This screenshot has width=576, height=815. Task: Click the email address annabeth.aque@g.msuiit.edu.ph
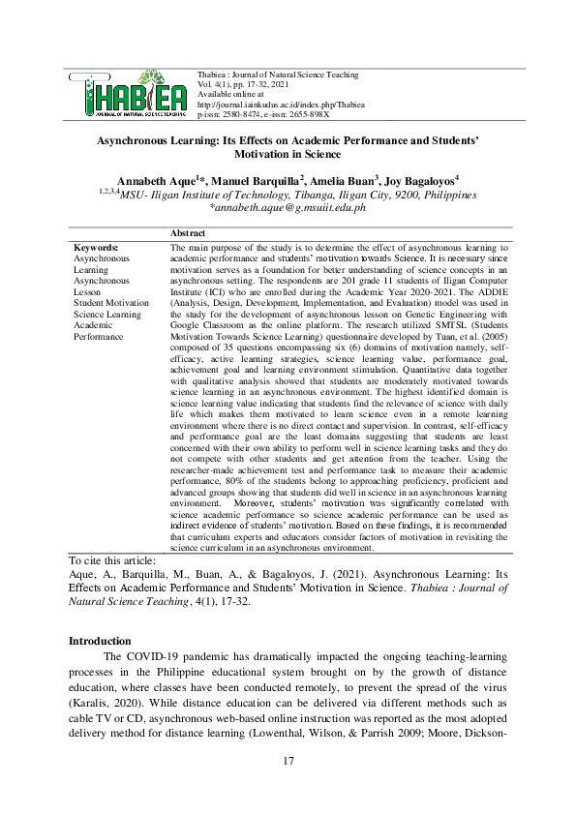click(x=288, y=207)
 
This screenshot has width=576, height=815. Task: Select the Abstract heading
click(x=187, y=234)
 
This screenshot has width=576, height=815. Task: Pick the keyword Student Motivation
click(x=111, y=302)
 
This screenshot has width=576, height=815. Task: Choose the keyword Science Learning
click(x=107, y=314)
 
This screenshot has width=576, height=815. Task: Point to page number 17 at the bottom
click(x=288, y=762)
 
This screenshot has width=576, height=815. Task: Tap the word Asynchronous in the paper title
click(x=136, y=139)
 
